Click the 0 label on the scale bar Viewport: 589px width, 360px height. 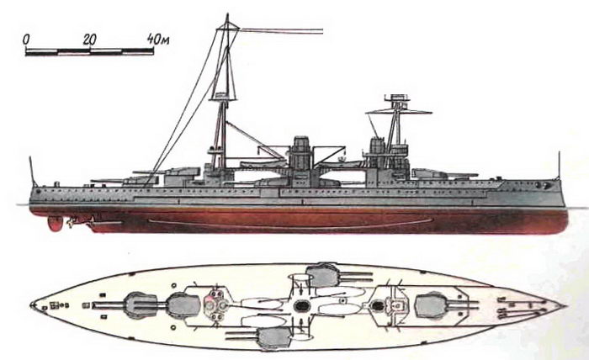(x=26, y=39)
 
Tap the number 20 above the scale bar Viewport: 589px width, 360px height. (x=89, y=39)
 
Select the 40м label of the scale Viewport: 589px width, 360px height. (x=158, y=39)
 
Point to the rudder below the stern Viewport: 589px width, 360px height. (x=55, y=224)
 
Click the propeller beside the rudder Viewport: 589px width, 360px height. (x=70, y=223)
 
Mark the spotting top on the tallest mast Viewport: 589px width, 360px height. (x=224, y=96)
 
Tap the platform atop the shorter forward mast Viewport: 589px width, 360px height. (x=397, y=98)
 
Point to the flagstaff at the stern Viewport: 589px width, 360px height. (x=32, y=172)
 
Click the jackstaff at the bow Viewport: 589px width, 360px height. (x=560, y=165)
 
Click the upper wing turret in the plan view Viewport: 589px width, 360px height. (x=322, y=275)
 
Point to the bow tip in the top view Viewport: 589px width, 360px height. (x=566, y=305)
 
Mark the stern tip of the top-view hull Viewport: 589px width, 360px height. (x=30, y=305)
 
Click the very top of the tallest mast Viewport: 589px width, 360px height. (x=227, y=14)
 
